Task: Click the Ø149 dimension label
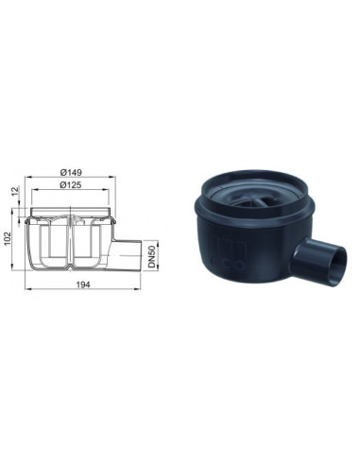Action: click(71, 172)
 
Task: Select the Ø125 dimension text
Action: click(71, 185)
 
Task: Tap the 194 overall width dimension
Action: click(83, 284)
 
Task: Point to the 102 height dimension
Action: click(7, 238)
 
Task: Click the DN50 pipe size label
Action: click(152, 255)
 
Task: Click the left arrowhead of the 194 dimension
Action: click(27, 288)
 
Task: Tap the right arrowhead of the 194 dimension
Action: click(138, 288)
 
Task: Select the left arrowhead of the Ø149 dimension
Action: click(28, 177)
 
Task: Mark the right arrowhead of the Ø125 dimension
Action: click(106, 190)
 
